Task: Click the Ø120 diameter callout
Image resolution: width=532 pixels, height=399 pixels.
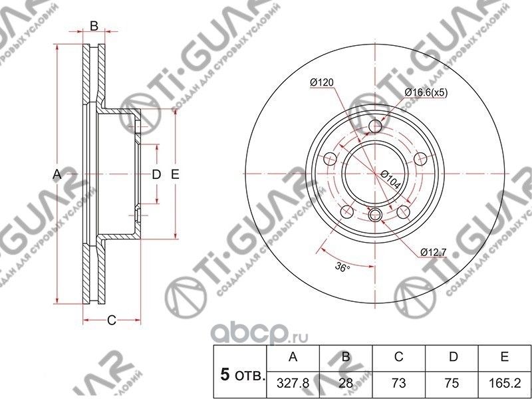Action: [321, 82]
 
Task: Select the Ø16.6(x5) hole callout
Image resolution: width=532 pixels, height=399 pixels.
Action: [426, 93]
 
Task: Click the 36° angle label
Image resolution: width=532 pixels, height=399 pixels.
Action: [342, 267]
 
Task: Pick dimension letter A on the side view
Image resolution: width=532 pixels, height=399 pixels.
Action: [57, 174]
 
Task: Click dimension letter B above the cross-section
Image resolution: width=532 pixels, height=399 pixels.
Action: [94, 26]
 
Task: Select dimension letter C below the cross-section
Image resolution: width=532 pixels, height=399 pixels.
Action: [112, 321]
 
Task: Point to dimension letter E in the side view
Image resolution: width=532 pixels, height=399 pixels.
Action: [175, 174]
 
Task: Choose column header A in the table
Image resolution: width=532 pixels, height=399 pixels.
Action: [291, 357]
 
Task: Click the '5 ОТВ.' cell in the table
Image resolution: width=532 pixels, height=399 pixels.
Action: [239, 375]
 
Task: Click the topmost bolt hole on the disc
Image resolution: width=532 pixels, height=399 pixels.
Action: [376, 126]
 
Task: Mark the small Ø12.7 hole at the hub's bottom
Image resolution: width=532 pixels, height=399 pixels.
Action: [374, 214]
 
